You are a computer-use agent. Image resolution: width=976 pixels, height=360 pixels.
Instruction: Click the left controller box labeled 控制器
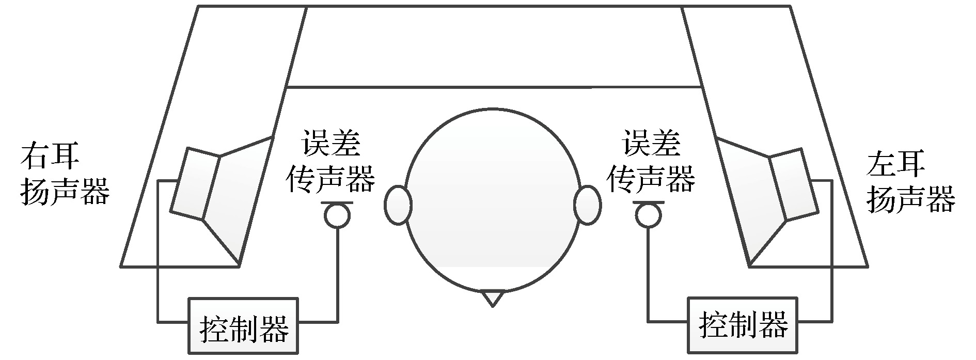(x=243, y=325)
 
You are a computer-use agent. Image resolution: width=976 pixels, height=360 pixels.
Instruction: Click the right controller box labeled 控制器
(x=743, y=325)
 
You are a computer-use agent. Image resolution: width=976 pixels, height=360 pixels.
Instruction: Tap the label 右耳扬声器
(x=65, y=176)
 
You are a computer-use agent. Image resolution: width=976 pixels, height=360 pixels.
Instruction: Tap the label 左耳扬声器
(x=910, y=182)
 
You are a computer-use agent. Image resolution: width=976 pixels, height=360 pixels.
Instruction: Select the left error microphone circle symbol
(x=337, y=215)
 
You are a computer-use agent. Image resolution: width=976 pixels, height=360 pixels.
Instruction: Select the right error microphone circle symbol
(x=648, y=215)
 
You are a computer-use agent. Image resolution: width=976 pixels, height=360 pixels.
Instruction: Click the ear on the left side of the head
(x=398, y=205)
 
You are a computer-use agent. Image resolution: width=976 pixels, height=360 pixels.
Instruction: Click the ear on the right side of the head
(x=587, y=205)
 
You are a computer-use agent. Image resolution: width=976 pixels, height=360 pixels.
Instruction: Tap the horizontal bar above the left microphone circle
(x=337, y=202)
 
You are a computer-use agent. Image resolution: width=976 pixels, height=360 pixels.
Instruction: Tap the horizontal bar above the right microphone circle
(x=648, y=202)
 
